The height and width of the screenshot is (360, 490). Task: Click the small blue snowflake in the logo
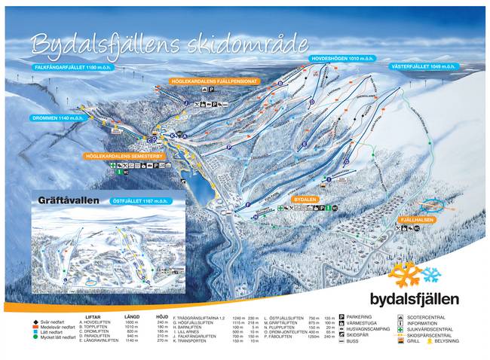431,274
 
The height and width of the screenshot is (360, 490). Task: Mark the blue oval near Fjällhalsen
433,204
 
